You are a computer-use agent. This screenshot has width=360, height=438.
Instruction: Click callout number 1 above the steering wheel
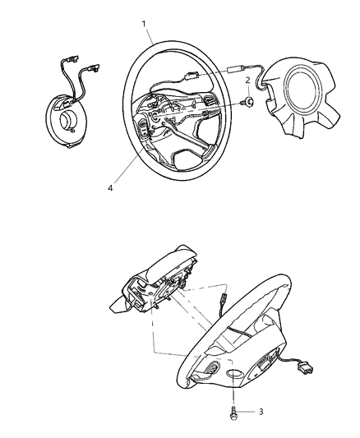[145, 24]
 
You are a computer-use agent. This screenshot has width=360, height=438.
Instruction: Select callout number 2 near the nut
[247, 80]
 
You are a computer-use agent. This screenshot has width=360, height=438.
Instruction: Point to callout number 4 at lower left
[108, 187]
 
